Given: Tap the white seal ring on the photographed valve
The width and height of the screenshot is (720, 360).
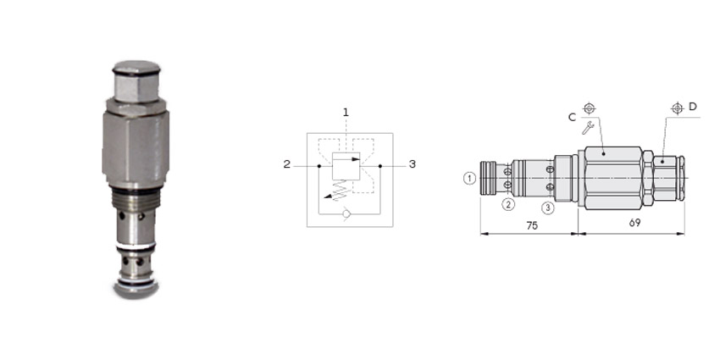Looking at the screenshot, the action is click(x=136, y=246).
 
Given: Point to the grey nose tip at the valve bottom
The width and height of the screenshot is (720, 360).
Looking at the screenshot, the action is click(x=136, y=290).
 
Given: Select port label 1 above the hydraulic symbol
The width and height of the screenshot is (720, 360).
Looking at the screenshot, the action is click(x=346, y=112).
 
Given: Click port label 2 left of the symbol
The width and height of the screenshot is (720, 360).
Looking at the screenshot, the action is click(x=287, y=164).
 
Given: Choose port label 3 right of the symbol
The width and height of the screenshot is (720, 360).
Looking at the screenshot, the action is click(x=413, y=164).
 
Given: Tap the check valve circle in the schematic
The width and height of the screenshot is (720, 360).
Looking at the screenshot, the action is click(x=346, y=214).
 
